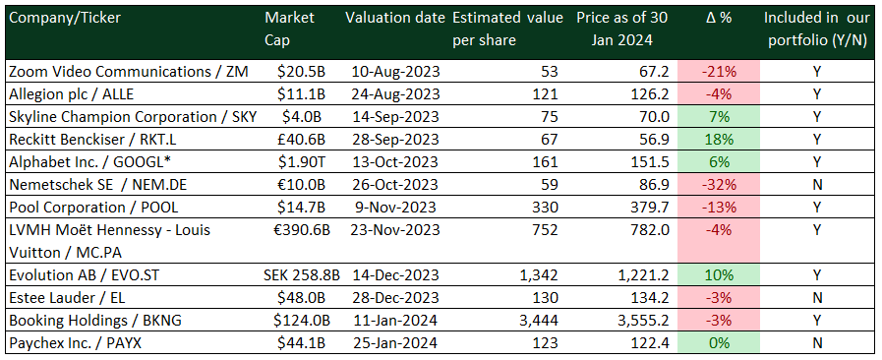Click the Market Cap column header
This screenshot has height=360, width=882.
(x=286, y=29)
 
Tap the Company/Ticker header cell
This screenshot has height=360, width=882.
(x=68, y=20)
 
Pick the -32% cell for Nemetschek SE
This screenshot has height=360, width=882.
(x=720, y=184)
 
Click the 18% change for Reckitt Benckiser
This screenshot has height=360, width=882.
(x=720, y=139)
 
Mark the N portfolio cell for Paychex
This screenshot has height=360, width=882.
(x=816, y=341)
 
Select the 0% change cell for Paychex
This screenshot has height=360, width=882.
(x=720, y=341)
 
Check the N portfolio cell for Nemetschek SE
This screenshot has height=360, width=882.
(x=816, y=184)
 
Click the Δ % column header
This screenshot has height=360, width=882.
(x=719, y=20)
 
